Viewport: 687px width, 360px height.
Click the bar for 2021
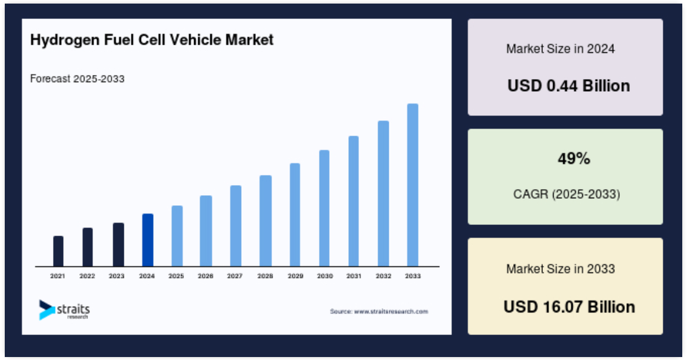pos(58,251)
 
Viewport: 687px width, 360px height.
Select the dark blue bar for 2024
pos(148,240)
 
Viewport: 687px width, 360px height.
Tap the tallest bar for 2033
pos(413,185)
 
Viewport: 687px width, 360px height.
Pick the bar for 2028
pos(266,221)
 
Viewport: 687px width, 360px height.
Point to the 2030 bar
pos(324,208)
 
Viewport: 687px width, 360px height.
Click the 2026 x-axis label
pos(205,276)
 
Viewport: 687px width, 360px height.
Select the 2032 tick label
pos(383,276)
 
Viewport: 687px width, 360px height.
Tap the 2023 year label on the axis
pos(117,276)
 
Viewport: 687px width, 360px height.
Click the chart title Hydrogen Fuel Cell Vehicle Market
pos(152,40)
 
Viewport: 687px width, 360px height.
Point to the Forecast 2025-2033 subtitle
pos(77,79)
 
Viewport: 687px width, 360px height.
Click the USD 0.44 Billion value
pos(569,86)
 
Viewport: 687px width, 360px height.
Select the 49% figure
pos(574,158)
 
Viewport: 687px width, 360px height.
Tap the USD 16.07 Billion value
pos(569,307)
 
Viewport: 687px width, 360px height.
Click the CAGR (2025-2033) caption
pos(567,194)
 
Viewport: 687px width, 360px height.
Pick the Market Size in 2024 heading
pos(560,49)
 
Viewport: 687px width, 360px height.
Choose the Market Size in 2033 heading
pos(560,269)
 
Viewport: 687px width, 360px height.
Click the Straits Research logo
pos(64,310)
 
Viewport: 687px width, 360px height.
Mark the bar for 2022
pos(88,247)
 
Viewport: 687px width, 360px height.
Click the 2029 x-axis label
pos(295,276)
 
